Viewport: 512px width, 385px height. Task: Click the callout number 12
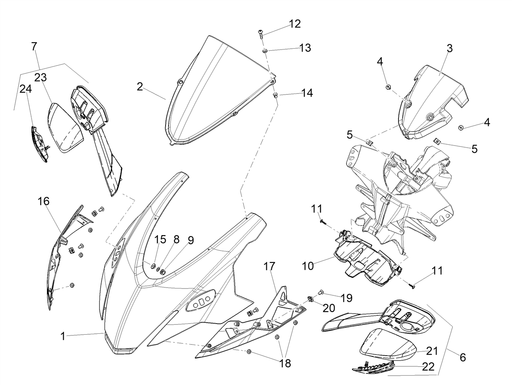pos(295,24)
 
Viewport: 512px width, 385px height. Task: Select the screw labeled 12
pos(261,35)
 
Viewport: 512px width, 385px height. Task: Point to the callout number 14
pos(307,93)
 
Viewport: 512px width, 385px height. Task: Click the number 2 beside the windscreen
pos(140,87)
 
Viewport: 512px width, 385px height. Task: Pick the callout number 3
pos(449,48)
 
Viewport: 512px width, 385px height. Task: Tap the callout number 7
pos(34,47)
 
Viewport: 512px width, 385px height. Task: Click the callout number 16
pos(44,201)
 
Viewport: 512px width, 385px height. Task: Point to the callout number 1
pos(63,336)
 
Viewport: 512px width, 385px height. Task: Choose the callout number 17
pos(270,266)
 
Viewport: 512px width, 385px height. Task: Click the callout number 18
pos(285,363)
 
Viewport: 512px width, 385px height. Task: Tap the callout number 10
pos(308,266)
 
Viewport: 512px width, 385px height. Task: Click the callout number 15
pos(160,239)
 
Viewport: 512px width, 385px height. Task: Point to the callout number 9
pos(191,241)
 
